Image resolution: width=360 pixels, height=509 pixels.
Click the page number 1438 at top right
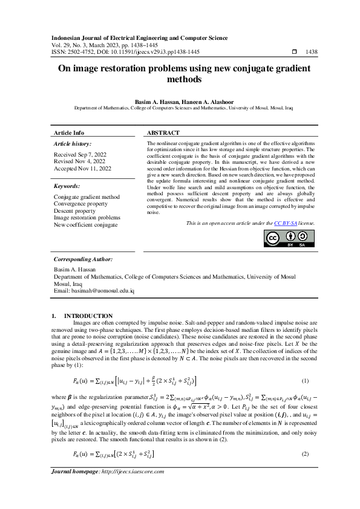pos(312,53)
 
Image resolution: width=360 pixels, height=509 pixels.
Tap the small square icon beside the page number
pos(295,53)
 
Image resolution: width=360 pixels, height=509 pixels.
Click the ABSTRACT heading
pos(163,132)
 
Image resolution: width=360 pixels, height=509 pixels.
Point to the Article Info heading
pos(70,132)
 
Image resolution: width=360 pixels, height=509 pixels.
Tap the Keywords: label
pos(67,187)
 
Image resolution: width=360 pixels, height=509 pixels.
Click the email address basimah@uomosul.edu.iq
pos(94,291)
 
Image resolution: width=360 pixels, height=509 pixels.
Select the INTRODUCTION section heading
pos(88,316)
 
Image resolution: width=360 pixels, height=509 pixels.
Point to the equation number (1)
pos(305,381)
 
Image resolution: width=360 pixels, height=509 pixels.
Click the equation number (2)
pos(305,453)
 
